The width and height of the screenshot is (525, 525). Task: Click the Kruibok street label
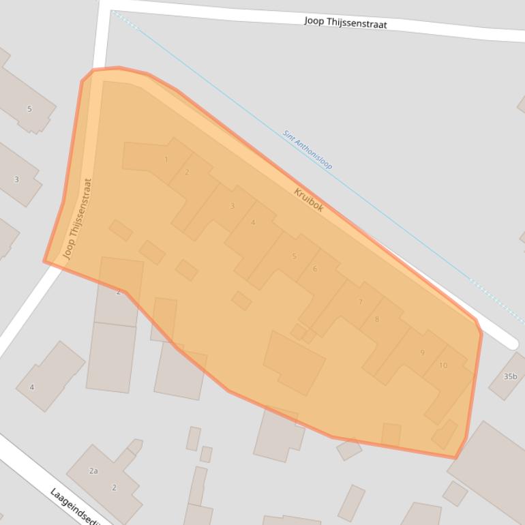(309, 199)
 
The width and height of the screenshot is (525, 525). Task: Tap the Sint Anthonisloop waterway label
(307, 150)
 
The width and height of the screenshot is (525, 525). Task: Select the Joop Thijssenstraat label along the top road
(346, 22)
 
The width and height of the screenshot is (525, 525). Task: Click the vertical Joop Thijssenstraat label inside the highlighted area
(78, 219)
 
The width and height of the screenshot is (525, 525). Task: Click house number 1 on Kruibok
(166, 160)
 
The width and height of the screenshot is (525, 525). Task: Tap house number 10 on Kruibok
(443, 365)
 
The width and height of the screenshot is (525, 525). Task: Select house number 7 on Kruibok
(361, 302)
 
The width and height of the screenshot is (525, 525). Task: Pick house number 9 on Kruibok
(422, 352)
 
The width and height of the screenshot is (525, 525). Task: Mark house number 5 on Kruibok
(295, 256)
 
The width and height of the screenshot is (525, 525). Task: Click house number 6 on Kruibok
(315, 269)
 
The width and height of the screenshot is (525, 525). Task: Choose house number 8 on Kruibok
(376, 319)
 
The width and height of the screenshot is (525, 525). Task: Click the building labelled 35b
(510, 376)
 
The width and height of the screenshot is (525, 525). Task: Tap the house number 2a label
(93, 470)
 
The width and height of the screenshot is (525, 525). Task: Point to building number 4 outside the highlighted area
(31, 387)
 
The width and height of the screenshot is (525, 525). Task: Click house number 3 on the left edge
(16, 179)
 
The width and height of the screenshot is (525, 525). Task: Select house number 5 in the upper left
(29, 109)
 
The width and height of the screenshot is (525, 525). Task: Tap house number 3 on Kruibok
(232, 206)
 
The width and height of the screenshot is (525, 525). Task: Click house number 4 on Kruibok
(253, 222)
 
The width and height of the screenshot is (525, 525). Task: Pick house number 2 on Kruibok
(187, 172)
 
